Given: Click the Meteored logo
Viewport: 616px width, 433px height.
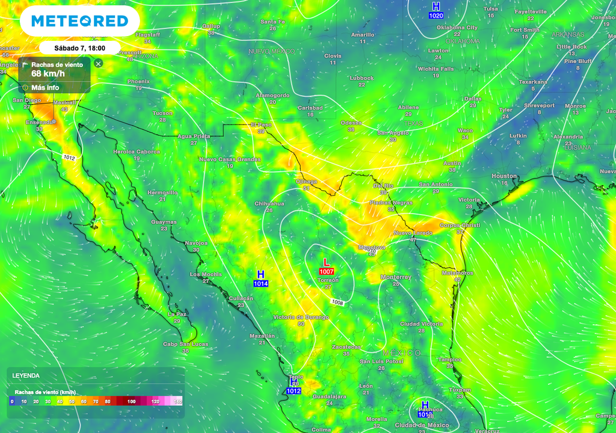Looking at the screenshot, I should click(79, 21).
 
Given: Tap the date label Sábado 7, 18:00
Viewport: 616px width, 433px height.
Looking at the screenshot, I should click(79, 48).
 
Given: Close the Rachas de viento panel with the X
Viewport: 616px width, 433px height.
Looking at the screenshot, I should click(99, 63).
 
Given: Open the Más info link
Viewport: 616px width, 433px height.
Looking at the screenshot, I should click(45, 87).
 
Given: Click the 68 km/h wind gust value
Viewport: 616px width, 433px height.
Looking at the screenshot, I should click(48, 74).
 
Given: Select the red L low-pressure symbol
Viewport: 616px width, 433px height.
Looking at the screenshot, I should click(327, 262).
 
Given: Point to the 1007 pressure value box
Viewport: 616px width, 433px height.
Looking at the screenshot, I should click(327, 272).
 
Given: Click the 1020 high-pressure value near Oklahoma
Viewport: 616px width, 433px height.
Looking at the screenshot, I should click(436, 15).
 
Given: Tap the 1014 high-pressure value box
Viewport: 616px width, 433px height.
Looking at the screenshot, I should click(260, 283).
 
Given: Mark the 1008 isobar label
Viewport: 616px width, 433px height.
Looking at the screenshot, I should click(337, 302).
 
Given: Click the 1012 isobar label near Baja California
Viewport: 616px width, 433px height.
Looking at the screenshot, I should click(69, 157).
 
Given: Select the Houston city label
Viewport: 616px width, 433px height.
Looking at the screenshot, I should click(504, 176).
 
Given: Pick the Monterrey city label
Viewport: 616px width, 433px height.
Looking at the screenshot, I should click(396, 277).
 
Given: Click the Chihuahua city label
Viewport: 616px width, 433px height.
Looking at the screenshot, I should click(269, 204).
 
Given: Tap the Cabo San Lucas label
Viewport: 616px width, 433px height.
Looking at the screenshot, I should click(185, 344).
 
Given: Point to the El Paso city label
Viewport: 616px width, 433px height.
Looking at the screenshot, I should click(261, 125).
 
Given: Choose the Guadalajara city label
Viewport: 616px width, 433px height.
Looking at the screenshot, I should click(330, 396).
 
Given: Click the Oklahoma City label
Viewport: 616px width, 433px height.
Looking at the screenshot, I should click(457, 28).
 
